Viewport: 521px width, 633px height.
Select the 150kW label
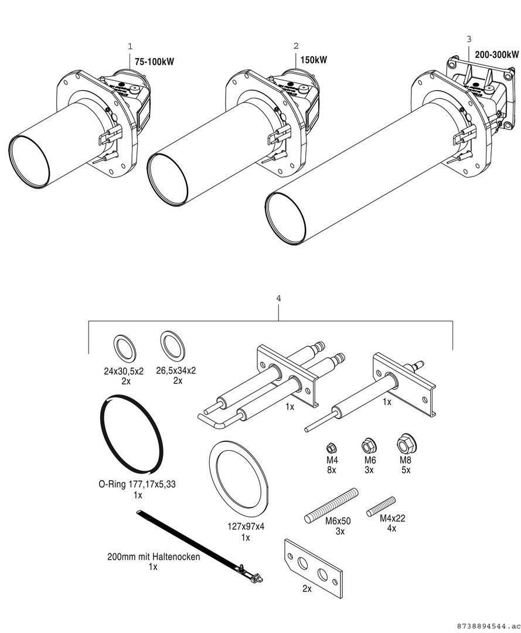coord(314,60)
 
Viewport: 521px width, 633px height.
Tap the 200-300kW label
coord(496,55)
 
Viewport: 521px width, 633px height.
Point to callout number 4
coord(278,298)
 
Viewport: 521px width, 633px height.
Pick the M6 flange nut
coord(369,445)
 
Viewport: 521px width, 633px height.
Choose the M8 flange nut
coord(406,443)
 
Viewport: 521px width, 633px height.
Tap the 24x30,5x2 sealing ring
coord(124,349)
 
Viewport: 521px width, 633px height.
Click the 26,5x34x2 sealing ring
coord(172,346)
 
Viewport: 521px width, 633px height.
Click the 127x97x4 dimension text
coord(245,526)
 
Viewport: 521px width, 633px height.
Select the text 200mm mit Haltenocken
coord(154,557)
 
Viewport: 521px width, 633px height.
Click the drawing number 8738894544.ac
coord(486,625)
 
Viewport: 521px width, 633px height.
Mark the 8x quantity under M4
coord(331,470)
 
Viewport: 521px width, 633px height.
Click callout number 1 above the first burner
coord(130,45)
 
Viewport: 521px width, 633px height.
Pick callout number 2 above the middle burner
coord(296,45)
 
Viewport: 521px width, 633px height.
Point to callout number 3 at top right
coord(468,39)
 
